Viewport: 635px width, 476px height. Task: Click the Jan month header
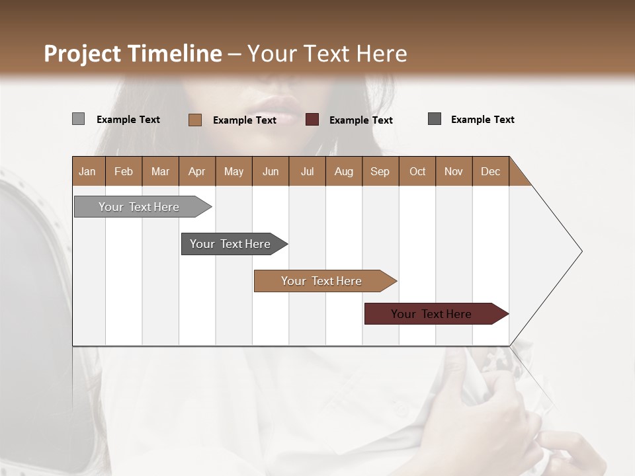pyautogui.click(x=88, y=171)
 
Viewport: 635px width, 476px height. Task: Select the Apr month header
pyautogui.click(x=197, y=171)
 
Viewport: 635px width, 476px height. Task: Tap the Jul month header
pyautogui.click(x=307, y=171)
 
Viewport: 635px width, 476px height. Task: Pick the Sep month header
pyautogui.click(x=380, y=171)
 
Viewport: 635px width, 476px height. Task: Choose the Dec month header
pyautogui.click(x=490, y=171)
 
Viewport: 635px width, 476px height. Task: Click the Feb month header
pyautogui.click(x=124, y=171)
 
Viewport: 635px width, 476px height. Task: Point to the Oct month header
pyautogui.click(x=417, y=171)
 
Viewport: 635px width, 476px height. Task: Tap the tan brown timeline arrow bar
pyautogui.click(x=322, y=281)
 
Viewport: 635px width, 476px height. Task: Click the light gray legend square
pyautogui.click(x=78, y=119)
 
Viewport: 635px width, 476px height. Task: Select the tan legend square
pyautogui.click(x=194, y=120)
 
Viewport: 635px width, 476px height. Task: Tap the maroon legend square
pyautogui.click(x=312, y=120)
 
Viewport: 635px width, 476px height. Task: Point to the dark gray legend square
pyautogui.click(x=435, y=119)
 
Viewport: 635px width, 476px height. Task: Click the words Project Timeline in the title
pyautogui.click(x=132, y=54)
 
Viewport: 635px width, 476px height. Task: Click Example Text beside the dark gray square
pyautogui.click(x=482, y=120)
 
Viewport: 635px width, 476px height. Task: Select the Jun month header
pyautogui.click(x=271, y=171)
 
